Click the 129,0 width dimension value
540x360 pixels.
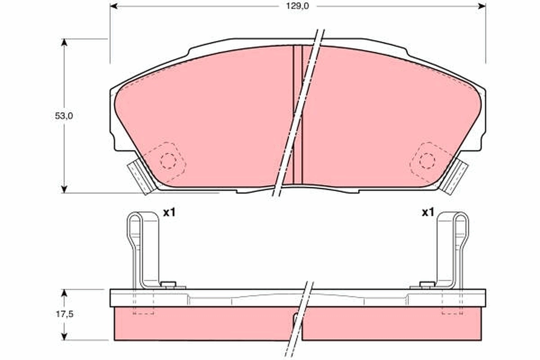coord(298,6)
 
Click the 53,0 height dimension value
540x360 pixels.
coord(64,116)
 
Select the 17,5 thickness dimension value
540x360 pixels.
coord(64,315)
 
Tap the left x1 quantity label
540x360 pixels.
coord(169,213)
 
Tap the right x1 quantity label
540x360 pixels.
coord(427,212)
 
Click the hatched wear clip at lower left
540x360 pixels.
coord(139,178)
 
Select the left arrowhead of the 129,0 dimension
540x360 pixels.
coord(113,6)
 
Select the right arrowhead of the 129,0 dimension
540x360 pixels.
coord(482,6)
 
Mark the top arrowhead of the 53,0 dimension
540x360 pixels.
coord(64,42)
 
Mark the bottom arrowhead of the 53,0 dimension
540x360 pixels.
coord(64,189)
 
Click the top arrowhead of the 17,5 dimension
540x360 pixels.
coord(64,293)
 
